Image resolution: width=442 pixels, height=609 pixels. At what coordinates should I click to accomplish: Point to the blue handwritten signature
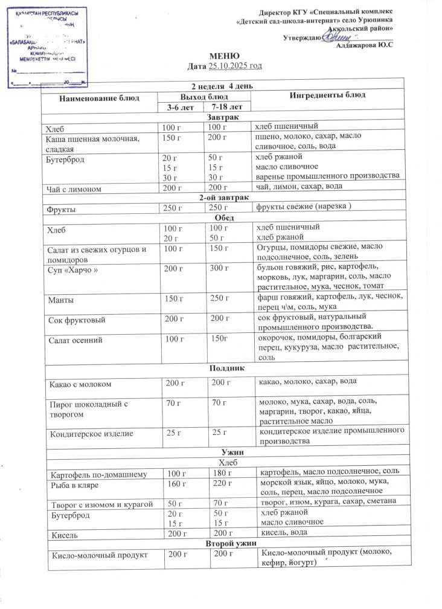click(x=333, y=37)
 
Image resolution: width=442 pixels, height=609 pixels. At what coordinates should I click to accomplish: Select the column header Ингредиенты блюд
click(x=327, y=95)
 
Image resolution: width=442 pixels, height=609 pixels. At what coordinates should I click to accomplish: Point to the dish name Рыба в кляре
click(x=75, y=485)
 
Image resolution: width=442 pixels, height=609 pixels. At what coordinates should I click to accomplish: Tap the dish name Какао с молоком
click(x=83, y=384)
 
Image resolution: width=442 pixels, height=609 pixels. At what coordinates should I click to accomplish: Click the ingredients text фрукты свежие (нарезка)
click(x=304, y=208)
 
